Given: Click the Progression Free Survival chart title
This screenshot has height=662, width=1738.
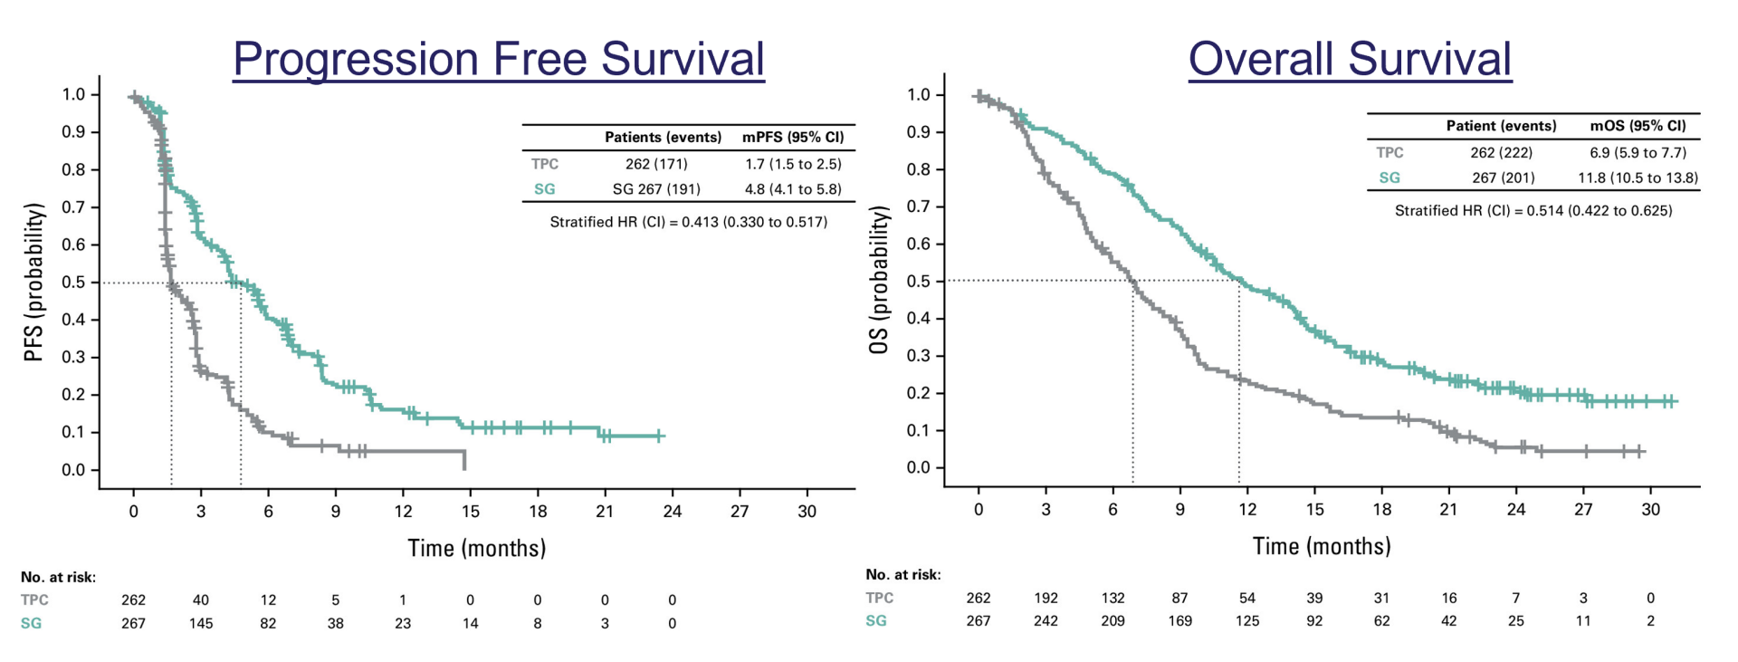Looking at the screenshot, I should pyautogui.click(x=498, y=60).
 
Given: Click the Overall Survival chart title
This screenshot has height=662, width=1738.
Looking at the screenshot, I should pyautogui.click(x=1350, y=60).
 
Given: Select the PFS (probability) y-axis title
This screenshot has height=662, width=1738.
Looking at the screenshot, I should pyautogui.click(x=34, y=283).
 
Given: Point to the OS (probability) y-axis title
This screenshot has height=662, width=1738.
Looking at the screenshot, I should pyautogui.click(x=879, y=281).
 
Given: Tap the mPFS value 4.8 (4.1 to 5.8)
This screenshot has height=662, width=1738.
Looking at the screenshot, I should pyautogui.click(x=793, y=189).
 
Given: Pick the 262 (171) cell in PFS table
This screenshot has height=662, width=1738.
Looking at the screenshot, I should pyautogui.click(x=656, y=164).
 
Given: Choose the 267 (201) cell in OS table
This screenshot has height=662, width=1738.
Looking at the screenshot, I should pyautogui.click(x=1503, y=177).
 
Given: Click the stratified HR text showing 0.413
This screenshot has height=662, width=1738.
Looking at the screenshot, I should pyautogui.click(x=688, y=222).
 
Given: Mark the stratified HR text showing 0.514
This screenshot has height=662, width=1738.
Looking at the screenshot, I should pyautogui.click(x=1533, y=211).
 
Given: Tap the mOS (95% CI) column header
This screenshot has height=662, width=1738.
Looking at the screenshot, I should pyautogui.click(x=1638, y=126).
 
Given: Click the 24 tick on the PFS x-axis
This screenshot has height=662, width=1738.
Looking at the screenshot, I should pyautogui.click(x=672, y=512).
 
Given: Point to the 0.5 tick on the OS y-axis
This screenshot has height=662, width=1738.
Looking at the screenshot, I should pyautogui.click(x=919, y=282).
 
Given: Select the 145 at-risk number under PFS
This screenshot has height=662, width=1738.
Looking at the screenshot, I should pyautogui.click(x=201, y=623).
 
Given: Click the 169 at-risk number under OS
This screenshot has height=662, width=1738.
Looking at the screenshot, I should pyautogui.click(x=1179, y=621).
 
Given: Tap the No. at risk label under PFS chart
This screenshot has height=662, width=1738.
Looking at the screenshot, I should pyautogui.click(x=58, y=577).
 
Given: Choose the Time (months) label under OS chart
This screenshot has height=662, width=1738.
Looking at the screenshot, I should pyautogui.click(x=1322, y=546).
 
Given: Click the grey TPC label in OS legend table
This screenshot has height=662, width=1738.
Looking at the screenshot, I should pyautogui.click(x=1389, y=153).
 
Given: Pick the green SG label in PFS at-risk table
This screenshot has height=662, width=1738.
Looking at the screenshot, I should pyautogui.click(x=31, y=623).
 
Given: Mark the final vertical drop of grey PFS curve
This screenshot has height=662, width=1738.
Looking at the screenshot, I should pyautogui.click(x=464, y=460).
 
